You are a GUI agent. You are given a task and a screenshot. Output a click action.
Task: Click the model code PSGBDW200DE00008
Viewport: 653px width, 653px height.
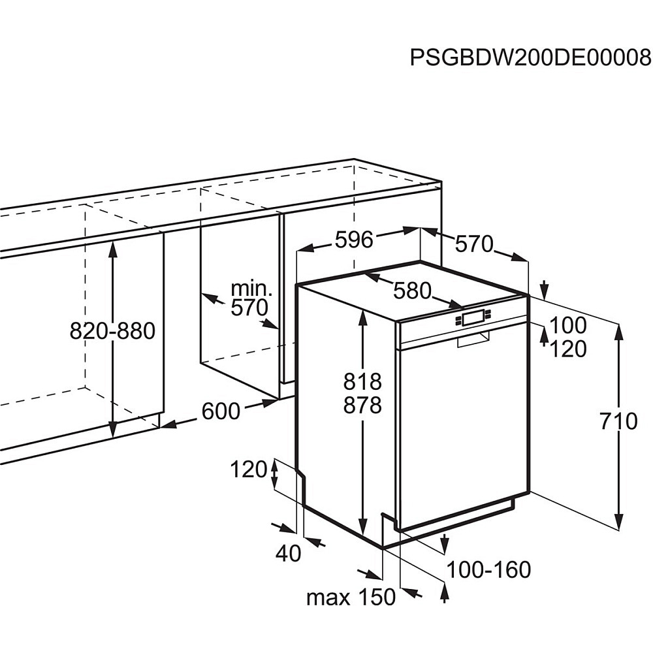531,57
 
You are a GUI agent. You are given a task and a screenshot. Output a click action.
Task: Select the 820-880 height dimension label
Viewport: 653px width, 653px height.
112,331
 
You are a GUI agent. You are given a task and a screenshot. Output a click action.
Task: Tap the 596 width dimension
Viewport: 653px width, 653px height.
354,240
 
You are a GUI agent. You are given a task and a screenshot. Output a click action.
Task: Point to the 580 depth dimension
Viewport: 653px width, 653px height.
412,291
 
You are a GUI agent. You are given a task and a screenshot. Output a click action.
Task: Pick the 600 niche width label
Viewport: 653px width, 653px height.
221,411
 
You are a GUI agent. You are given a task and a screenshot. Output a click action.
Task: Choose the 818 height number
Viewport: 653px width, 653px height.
362,381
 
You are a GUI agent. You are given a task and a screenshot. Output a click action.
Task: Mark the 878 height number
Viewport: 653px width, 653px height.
362,405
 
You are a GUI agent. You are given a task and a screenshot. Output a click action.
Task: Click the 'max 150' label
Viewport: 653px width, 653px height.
351,597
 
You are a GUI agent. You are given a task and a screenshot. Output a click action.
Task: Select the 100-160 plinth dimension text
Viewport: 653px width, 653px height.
488,569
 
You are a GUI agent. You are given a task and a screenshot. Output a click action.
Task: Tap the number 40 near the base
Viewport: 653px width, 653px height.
288,554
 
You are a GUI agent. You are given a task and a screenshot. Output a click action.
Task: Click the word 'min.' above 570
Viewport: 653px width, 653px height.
251,288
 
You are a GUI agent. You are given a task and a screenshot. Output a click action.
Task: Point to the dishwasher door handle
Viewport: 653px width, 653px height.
473,340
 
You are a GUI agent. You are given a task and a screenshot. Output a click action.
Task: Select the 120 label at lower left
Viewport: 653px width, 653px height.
249,469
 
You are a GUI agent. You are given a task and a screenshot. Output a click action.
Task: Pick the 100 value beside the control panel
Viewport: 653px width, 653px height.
567,325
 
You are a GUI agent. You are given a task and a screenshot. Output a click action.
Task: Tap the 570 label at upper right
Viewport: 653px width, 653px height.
473,244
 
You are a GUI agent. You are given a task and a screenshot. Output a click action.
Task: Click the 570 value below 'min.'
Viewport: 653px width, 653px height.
250,308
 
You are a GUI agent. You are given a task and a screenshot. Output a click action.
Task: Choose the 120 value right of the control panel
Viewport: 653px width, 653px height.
567,349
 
